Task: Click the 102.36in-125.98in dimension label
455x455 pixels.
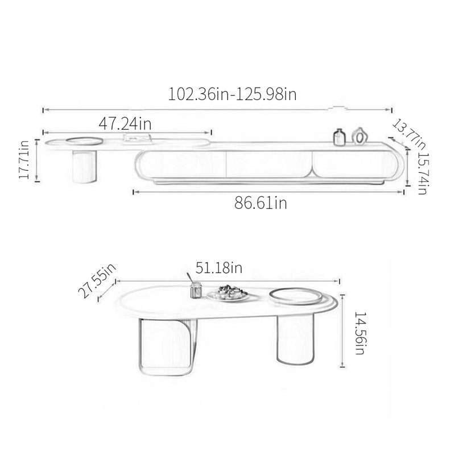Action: click(232, 94)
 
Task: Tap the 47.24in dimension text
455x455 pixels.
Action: click(125, 123)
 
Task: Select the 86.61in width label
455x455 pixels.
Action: click(260, 202)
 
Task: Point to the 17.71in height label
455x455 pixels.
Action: click(24, 160)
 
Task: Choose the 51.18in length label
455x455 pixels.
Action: click(219, 267)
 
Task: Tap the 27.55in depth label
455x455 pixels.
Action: click(97, 280)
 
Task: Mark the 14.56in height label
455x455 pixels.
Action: click(360, 333)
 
